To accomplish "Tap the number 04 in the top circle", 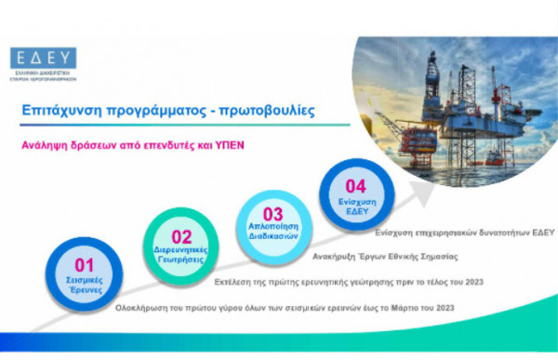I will (355, 184).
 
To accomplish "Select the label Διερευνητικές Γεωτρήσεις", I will (181, 255).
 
